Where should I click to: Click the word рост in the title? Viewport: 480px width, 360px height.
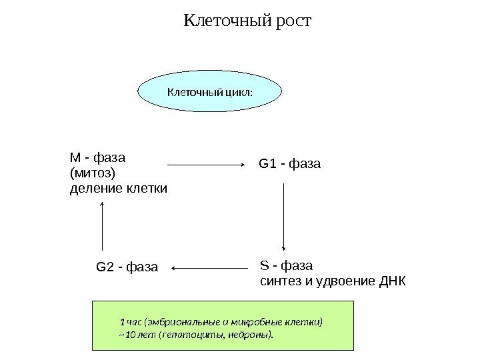[292, 23]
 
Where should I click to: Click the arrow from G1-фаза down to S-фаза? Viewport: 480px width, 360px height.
[285, 217]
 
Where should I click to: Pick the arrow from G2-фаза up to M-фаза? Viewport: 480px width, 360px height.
[103, 226]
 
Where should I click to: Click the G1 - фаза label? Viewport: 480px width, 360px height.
[289, 163]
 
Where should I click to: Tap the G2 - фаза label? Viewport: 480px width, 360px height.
[127, 268]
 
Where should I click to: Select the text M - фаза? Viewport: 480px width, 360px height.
[98, 159]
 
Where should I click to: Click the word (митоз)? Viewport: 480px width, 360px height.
[93, 173]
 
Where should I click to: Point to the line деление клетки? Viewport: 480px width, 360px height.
[119, 189]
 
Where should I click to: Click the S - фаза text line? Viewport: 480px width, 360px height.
[285, 263]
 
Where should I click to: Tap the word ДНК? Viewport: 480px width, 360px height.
[391, 279]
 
